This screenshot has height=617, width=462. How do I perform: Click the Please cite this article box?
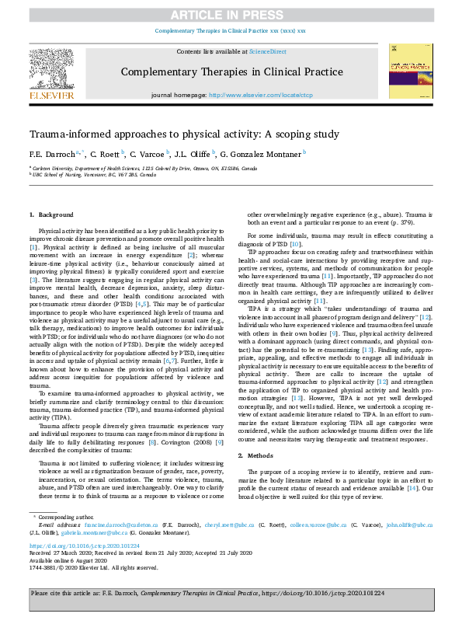pos(231,594)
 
